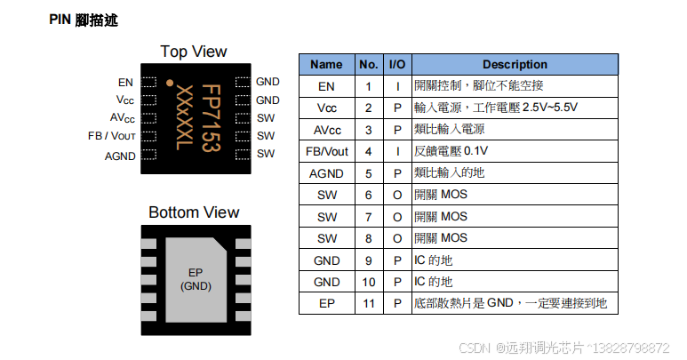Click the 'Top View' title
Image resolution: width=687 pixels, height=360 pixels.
tap(193, 52)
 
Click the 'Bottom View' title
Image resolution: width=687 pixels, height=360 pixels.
tap(193, 212)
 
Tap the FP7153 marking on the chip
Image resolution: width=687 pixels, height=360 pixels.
tap(210, 118)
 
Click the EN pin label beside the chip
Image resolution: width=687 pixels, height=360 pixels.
tap(125, 82)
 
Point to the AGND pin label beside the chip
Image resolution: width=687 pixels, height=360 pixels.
tap(120, 156)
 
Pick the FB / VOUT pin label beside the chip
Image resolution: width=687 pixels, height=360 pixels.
tap(111, 136)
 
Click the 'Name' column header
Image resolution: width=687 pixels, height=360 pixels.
tap(326, 64)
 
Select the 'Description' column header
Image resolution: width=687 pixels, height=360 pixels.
tap(515, 64)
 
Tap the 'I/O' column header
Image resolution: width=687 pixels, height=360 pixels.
tap(397, 64)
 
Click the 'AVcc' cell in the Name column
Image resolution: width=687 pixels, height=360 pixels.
tap(326, 129)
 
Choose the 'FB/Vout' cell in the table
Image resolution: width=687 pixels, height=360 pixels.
tap(326, 151)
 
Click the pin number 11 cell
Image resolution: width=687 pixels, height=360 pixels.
tap(368, 303)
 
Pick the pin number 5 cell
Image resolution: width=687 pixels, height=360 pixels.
tap(368, 173)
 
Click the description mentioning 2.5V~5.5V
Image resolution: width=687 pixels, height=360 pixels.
tap(496, 108)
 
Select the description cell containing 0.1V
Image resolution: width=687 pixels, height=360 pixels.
tap(451, 151)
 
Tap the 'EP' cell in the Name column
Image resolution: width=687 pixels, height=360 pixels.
tap(326, 303)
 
